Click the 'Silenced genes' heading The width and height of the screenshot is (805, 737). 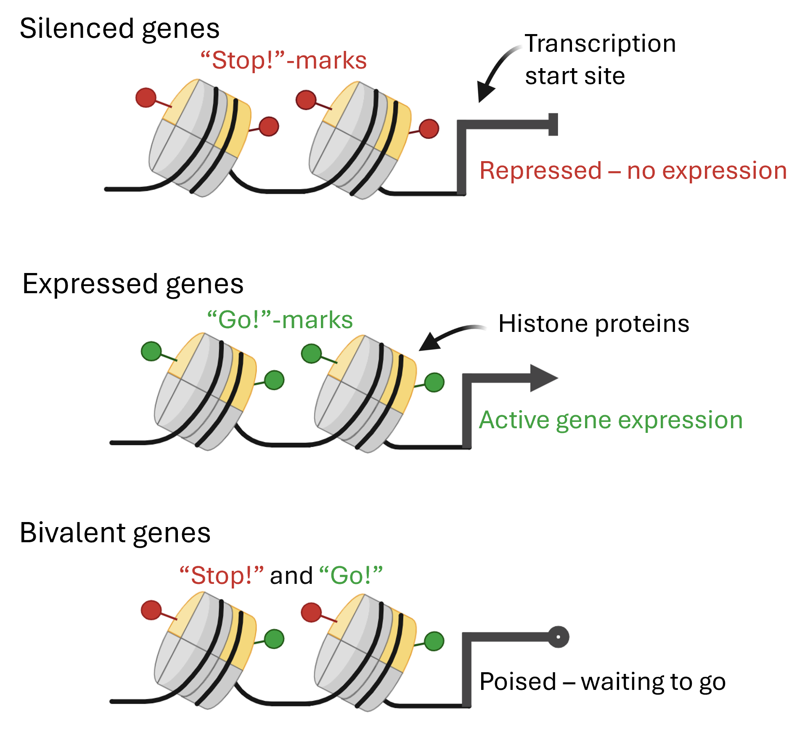[119, 29]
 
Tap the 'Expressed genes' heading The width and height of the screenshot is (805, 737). [133, 284]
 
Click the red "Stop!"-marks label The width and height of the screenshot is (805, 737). [283, 61]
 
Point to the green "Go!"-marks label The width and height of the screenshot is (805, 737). [280, 320]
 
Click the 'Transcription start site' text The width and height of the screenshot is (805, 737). [600, 59]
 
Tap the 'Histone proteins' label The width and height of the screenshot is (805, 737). [593, 323]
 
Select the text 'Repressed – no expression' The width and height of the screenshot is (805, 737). [633, 171]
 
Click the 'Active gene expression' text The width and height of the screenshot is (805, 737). [611, 420]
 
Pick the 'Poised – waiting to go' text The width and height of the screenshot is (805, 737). [602, 682]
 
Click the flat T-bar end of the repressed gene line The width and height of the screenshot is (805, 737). [553, 125]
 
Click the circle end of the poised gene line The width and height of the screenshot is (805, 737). [558, 637]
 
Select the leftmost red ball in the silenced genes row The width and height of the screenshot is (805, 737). [146, 98]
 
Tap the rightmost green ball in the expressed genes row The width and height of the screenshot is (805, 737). [434, 382]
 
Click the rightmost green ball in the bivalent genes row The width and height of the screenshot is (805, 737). [434, 641]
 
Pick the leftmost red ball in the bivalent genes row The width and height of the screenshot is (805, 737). [151, 610]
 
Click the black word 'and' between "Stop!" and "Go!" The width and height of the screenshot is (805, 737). [291, 575]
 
